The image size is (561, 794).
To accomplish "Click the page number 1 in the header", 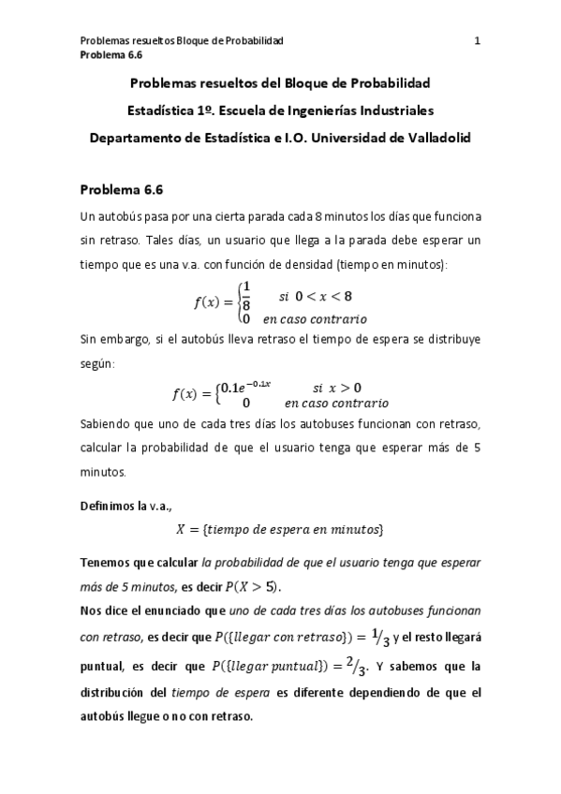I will coord(478,41).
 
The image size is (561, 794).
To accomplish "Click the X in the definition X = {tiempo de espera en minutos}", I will coord(182,530).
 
